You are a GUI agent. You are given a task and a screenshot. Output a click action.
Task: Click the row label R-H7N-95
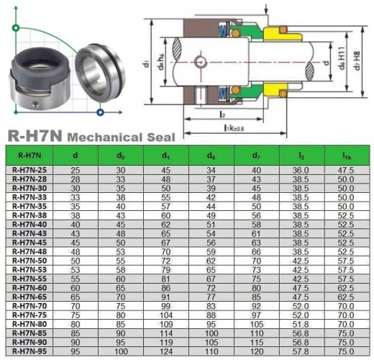[x=30, y=351]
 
